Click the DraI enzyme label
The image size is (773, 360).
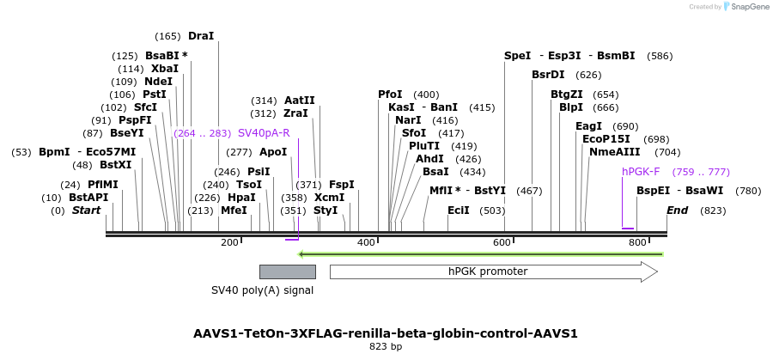[x=200, y=36]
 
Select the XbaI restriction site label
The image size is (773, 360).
[x=164, y=69]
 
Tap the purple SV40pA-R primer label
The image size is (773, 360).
[x=264, y=133]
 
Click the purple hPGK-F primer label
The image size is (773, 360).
[x=641, y=172]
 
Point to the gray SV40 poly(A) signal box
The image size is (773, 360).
[x=288, y=272]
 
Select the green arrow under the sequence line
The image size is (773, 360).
[x=480, y=254]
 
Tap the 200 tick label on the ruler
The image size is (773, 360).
[x=229, y=243]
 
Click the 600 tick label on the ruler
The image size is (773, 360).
[x=502, y=243]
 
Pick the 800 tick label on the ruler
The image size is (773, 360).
[x=637, y=243]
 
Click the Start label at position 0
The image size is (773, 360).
[x=86, y=211]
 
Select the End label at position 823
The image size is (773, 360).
[x=678, y=211]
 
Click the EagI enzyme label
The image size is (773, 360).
[x=589, y=126]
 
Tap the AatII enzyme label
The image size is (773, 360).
[x=300, y=101]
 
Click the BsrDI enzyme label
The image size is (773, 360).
[x=547, y=75]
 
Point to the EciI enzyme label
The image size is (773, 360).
[x=459, y=211]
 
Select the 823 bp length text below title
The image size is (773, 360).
[x=385, y=347]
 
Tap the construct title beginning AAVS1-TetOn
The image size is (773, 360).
[x=386, y=333]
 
